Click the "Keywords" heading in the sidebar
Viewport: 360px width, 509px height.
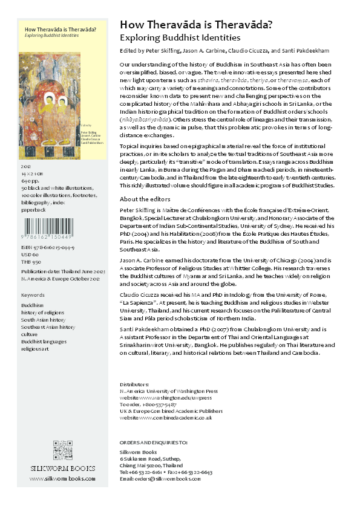click(x=33, y=294)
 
